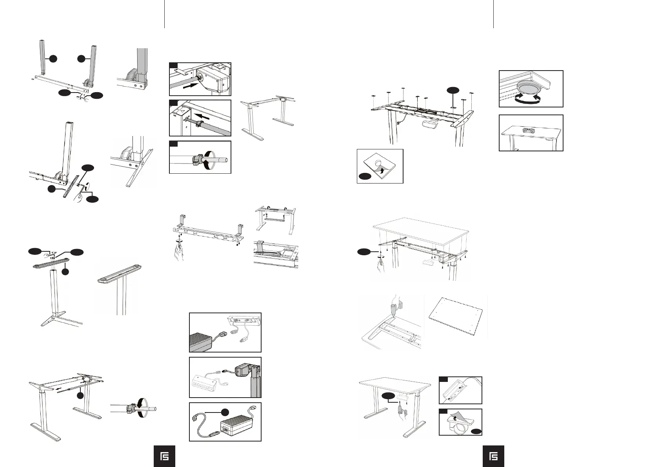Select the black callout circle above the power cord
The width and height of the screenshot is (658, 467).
225,412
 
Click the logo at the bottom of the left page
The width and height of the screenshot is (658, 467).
164,456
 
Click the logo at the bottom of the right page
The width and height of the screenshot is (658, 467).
493,456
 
